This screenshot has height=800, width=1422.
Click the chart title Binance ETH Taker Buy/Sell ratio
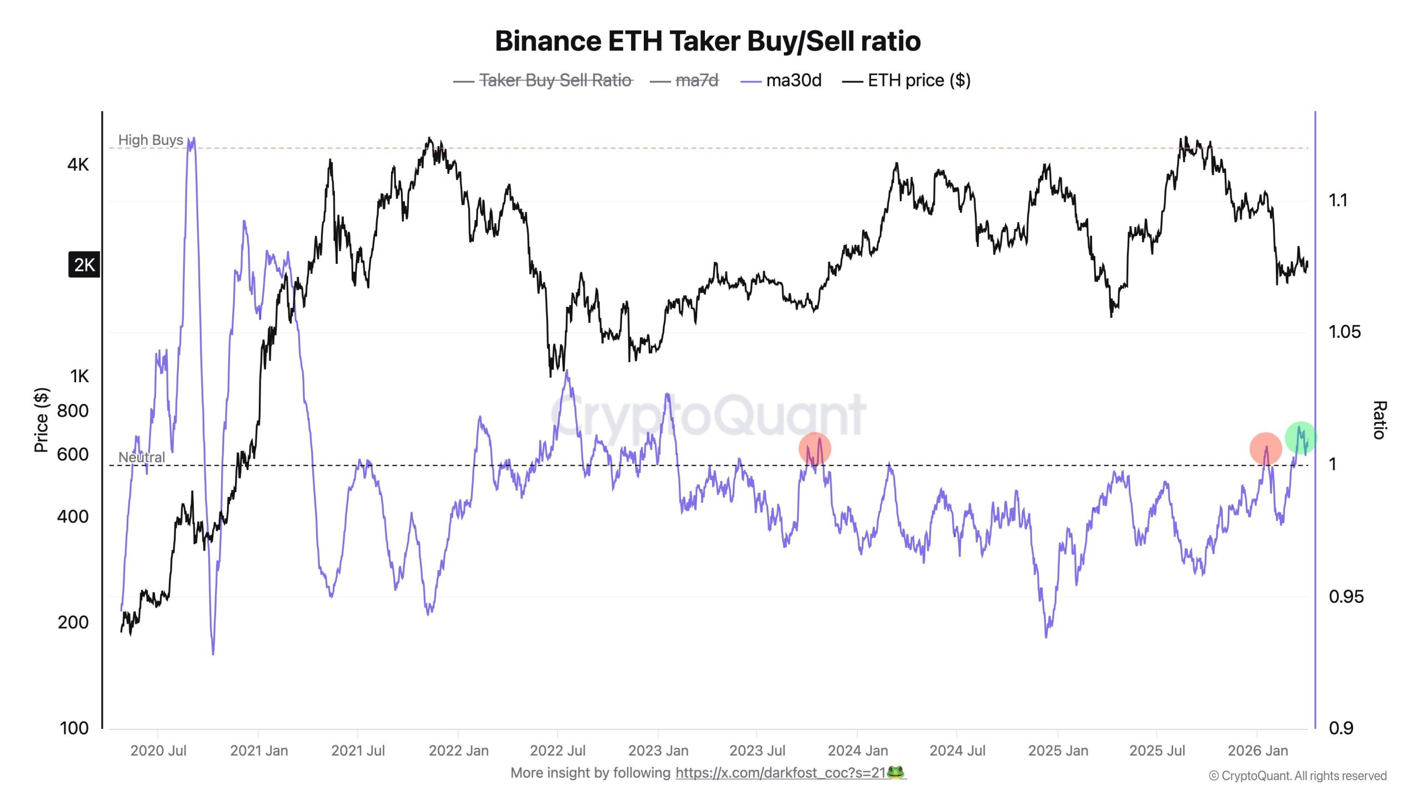pyautogui.click(x=708, y=41)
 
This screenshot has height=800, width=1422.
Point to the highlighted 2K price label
pyautogui.click(x=84, y=265)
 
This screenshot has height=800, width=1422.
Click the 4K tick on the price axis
pyautogui.click(x=78, y=164)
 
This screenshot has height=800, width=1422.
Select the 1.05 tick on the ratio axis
pyautogui.click(x=1344, y=332)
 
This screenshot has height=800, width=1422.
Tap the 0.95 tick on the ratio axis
pyautogui.click(x=1345, y=597)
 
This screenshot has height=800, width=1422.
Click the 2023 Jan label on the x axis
pyautogui.click(x=658, y=751)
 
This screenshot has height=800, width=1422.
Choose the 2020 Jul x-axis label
pyautogui.click(x=158, y=751)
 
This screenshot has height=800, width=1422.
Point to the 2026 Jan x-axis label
pyautogui.click(x=1257, y=751)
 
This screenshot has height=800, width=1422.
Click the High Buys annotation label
pyautogui.click(x=151, y=140)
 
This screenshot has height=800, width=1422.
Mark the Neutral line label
pyautogui.click(x=142, y=457)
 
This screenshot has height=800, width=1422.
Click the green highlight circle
pyautogui.click(x=1300, y=438)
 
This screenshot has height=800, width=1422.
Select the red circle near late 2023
pyautogui.click(x=814, y=448)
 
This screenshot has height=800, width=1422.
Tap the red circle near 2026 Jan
pyautogui.click(x=1265, y=448)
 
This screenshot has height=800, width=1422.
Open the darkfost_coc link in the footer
pyautogui.click(x=780, y=773)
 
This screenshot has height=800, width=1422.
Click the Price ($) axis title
pyautogui.click(x=42, y=420)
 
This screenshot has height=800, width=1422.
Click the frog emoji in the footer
pyautogui.click(x=895, y=772)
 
